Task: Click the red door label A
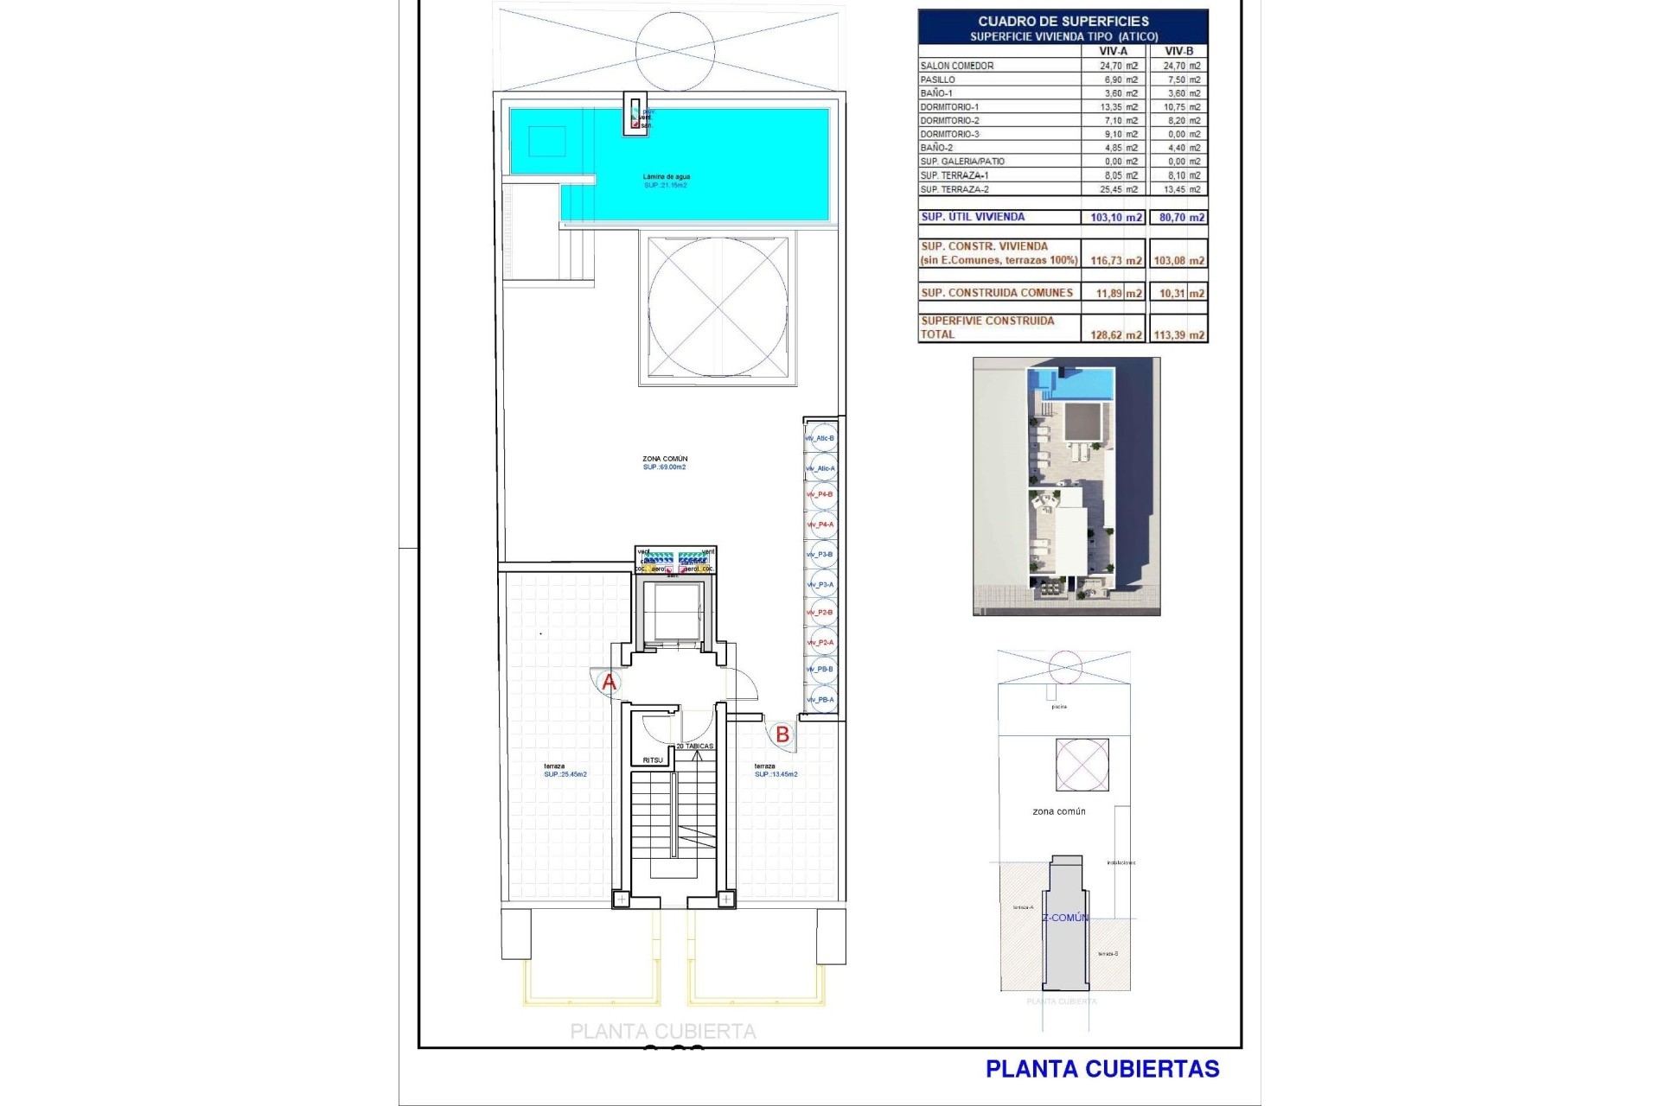(609, 683)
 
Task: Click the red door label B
(782, 734)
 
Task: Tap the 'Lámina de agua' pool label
(666, 176)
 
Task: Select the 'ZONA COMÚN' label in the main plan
(665, 459)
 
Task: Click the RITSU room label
(653, 760)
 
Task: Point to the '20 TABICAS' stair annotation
(695, 746)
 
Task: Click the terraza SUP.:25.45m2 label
(565, 771)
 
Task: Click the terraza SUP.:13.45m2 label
(776, 771)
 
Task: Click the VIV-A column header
(1112, 51)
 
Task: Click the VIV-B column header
(1178, 51)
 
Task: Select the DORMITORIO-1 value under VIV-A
(1118, 107)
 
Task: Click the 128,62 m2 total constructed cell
(1115, 335)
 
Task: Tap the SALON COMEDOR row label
(957, 66)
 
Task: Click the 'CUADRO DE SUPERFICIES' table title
(1063, 21)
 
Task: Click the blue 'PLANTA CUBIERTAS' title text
(1102, 1069)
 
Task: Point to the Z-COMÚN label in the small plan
(1065, 918)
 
